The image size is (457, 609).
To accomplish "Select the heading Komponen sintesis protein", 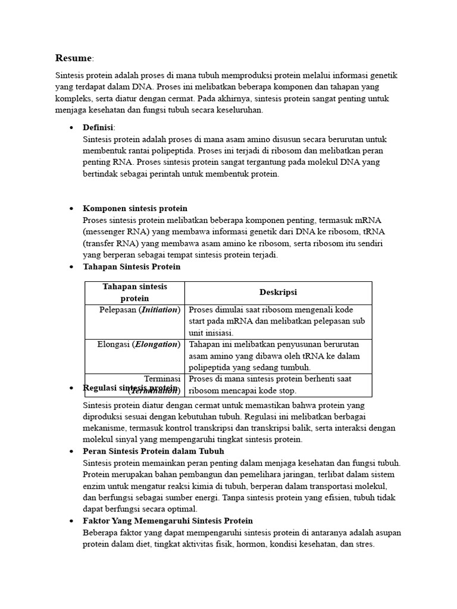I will (x=135, y=208).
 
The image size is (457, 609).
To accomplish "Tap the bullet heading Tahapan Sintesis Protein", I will (x=132, y=266).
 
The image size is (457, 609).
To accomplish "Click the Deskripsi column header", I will (x=278, y=292).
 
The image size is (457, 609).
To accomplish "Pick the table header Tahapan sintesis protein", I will (x=135, y=292).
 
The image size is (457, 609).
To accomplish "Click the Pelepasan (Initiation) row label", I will (x=139, y=309).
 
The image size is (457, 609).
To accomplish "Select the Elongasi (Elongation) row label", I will (x=139, y=344).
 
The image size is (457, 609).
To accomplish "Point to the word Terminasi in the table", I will (x=162, y=378).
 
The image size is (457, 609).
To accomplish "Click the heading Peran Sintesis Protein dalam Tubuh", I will (x=154, y=451).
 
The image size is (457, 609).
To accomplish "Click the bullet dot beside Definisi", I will (x=71, y=128).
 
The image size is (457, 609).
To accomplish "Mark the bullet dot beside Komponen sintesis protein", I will (x=71, y=209).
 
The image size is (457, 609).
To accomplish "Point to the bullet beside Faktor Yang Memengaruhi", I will (x=71, y=521).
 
